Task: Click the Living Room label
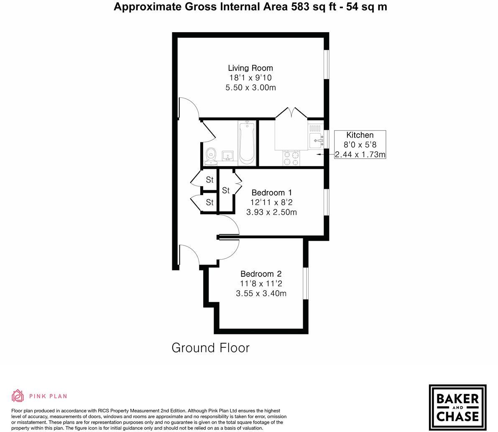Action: coord(250,68)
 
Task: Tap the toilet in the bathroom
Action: coord(211,155)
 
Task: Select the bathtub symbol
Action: coord(247,143)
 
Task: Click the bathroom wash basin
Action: coord(228,156)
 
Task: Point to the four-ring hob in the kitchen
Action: coord(291,158)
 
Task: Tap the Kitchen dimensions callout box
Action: coord(360,144)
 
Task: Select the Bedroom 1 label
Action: coord(271,193)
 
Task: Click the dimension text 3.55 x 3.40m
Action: coord(261,293)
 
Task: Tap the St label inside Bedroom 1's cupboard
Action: coord(226,190)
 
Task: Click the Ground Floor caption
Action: coord(210,348)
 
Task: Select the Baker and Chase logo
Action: coord(457,407)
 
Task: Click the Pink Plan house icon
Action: coord(18,396)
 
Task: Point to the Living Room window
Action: coord(327,64)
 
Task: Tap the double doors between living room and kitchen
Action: coord(291,113)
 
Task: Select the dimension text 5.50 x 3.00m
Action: coord(250,87)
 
